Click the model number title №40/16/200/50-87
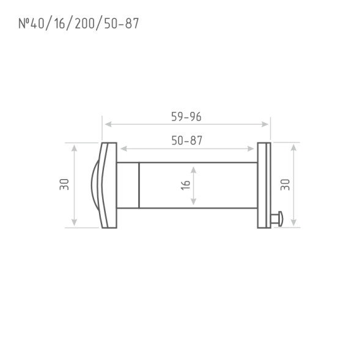click(78, 23)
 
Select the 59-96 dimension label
click(186, 117)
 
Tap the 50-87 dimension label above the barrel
click(187, 141)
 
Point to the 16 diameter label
click(186, 185)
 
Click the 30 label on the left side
click(64, 185)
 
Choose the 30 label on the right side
click(285, 185)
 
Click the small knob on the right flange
click(277, 219)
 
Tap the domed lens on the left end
click(95, 186)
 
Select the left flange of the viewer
click(108, 185)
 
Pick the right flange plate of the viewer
click(264, 185)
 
